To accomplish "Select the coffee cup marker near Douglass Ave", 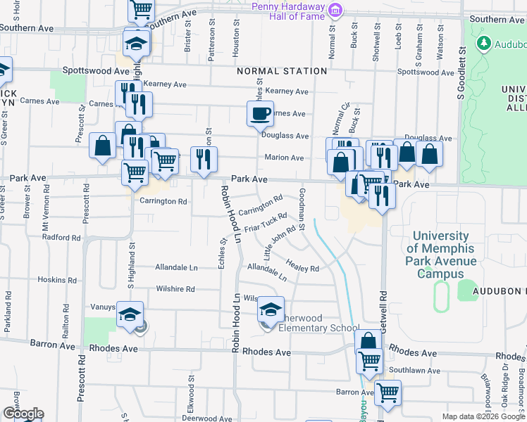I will (259, 113).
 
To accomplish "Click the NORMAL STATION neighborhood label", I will (282, 71).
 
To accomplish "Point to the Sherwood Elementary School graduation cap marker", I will (271, 309).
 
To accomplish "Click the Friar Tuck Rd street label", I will (266, 224).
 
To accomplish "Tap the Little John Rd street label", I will (280, 241).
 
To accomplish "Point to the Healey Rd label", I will (303, 265).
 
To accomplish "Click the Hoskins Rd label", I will (51, 279).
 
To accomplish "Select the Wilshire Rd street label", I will (175, 288).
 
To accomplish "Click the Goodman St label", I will (302, 209).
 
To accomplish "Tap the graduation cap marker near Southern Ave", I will (137, 44).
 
